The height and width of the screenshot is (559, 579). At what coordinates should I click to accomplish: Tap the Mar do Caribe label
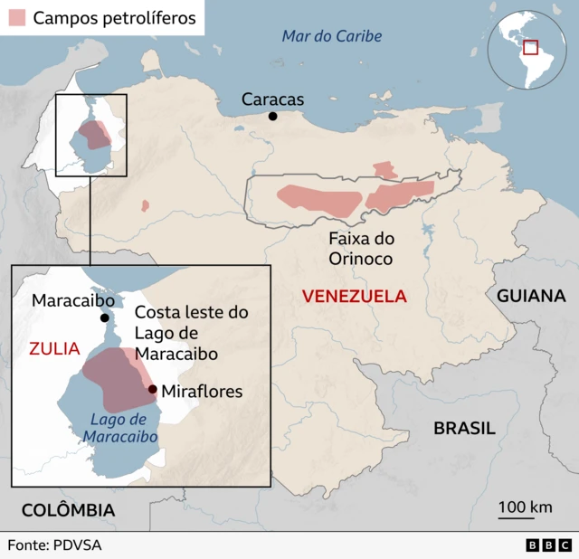pos(331,36)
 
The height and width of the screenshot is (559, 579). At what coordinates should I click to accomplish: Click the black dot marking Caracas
pos(273,117)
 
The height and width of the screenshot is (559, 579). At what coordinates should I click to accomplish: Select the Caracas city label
pos(272,99)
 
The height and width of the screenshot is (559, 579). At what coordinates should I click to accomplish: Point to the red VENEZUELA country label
pos(355,296)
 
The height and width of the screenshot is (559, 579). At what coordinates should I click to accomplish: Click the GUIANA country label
pos(530,296)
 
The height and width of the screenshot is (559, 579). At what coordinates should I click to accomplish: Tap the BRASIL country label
pos(464,428)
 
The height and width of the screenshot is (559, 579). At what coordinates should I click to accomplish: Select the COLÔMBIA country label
pos(69,510)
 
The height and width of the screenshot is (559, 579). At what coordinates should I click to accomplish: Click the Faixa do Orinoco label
pos(360,249)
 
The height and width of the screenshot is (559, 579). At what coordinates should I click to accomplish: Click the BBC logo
pos(548,545)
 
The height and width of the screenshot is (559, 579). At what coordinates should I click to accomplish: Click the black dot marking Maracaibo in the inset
pos(105,317)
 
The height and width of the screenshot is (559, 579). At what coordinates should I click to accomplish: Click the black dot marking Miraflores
pos(152,390)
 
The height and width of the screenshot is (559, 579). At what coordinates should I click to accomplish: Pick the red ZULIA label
pos(54,348)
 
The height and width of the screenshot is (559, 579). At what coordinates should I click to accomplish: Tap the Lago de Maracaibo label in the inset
pos(119,428)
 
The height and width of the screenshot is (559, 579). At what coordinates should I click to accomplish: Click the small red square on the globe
pos(530,47)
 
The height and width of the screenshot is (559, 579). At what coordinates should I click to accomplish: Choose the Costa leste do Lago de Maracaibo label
pos(191,333)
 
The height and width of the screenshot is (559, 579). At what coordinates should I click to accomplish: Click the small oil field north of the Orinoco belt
pos(385,170)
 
